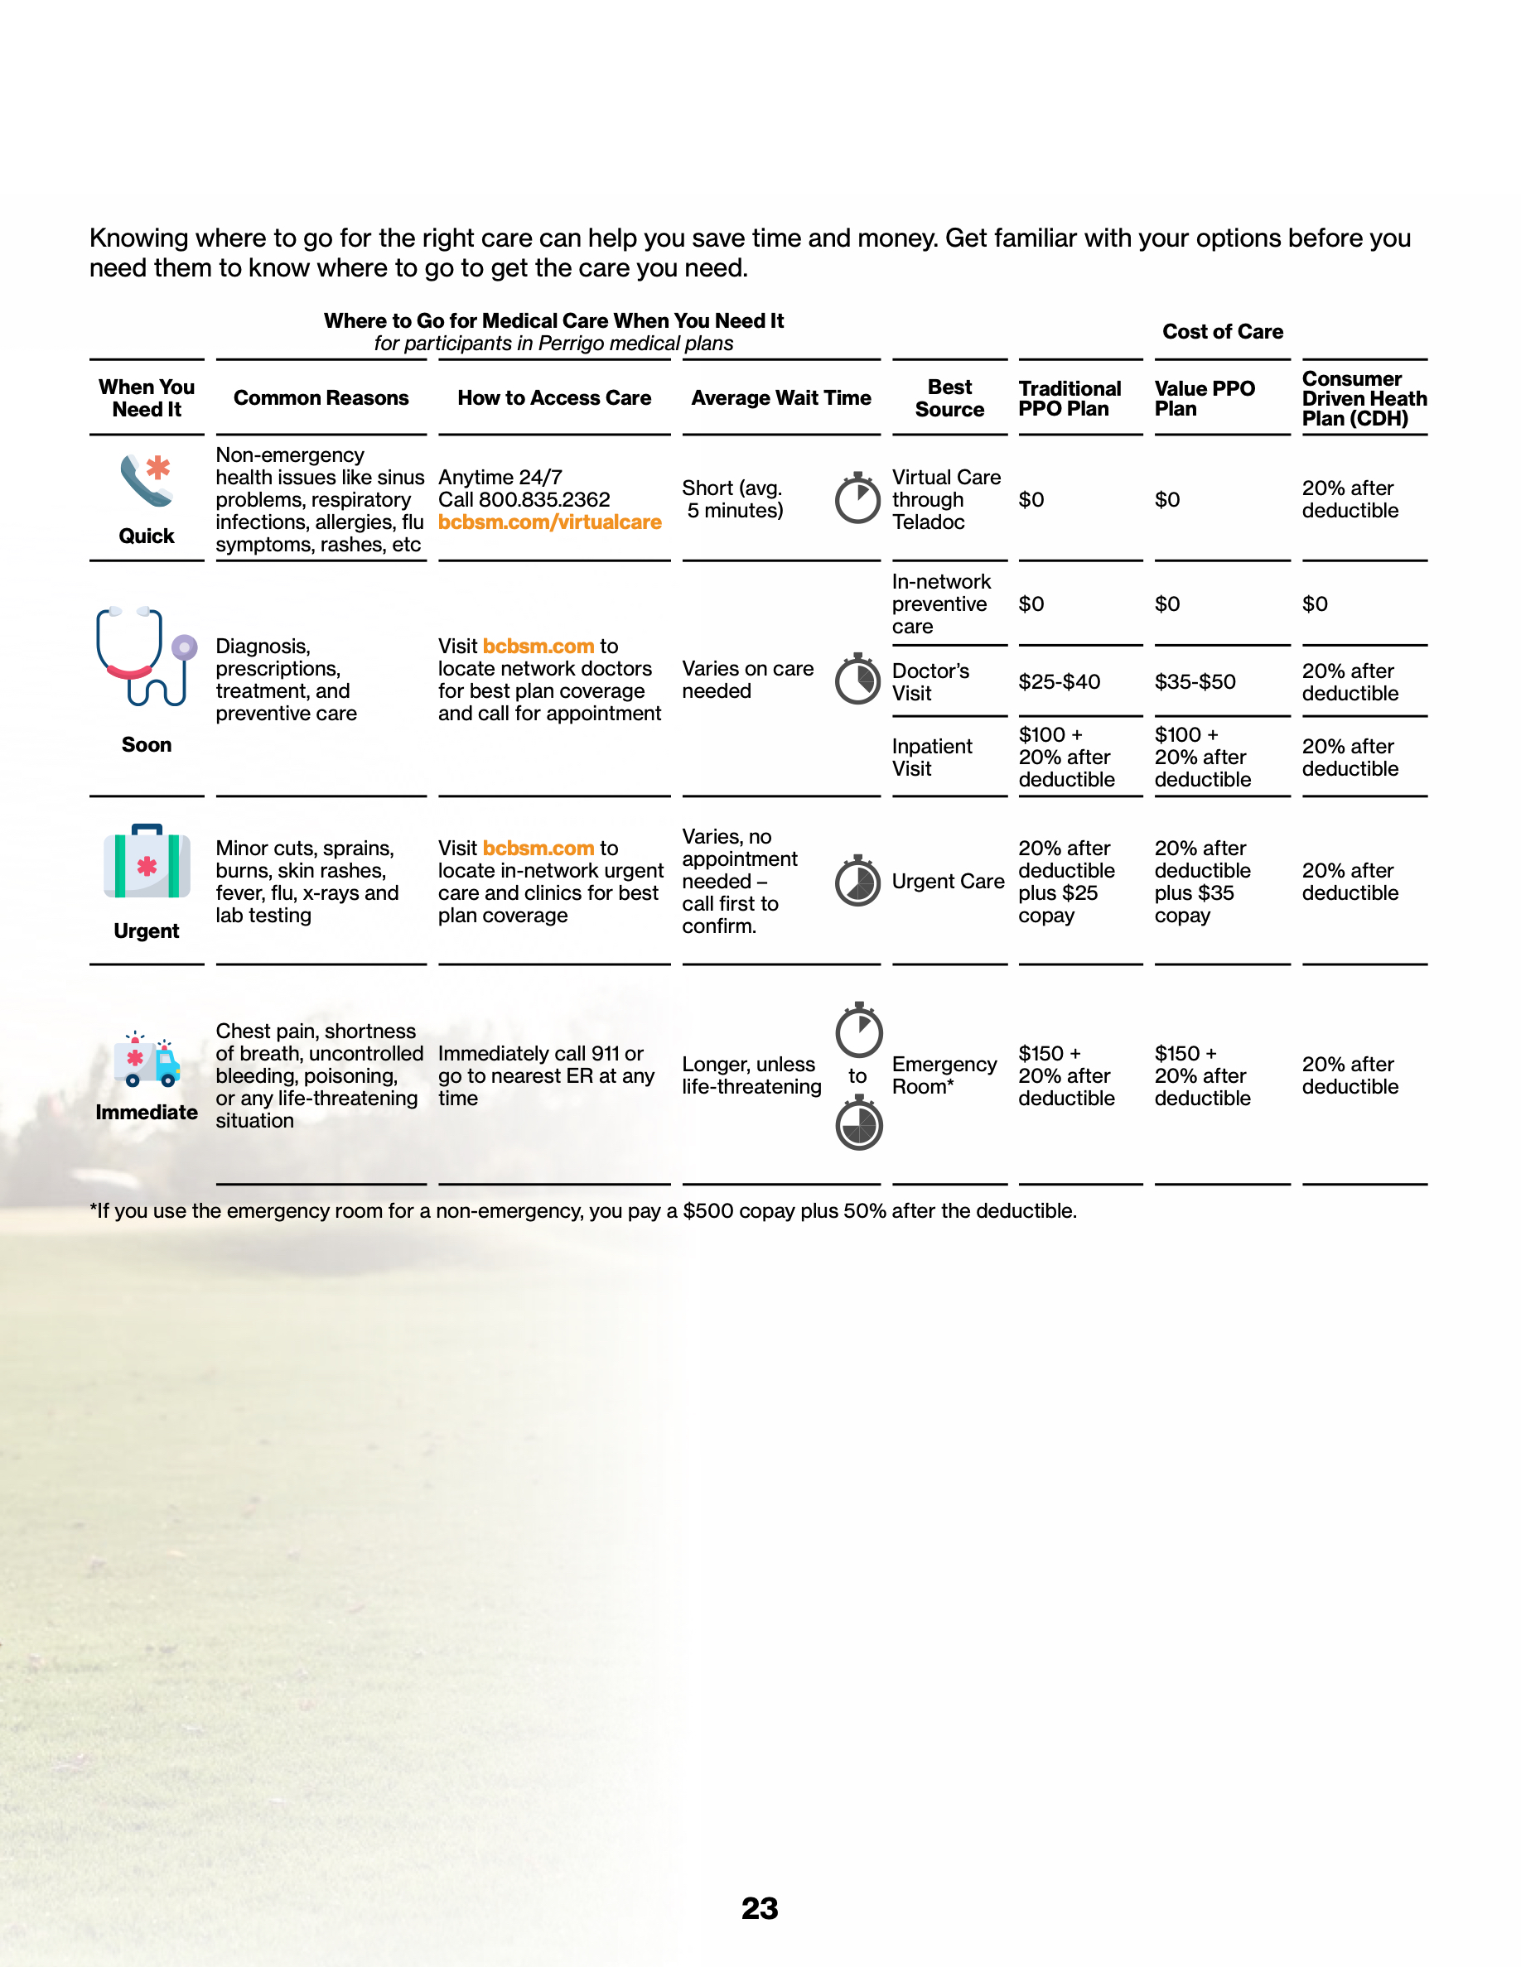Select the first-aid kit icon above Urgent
[x=146, y=862]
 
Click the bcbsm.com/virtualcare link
[x=549, y=522]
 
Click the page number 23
[x=760, y=1907]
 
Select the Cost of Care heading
[x=1222, y=331]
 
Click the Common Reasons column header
[x=321, y=398]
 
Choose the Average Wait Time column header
[x=780, y=398]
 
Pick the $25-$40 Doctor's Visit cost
[x=1059, y=682]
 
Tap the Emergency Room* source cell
[x=944, y=1075]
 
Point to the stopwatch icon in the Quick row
[x=857, y=498]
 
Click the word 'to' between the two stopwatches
[x=857, y=1076]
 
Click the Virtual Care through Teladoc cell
[x=945, y=500]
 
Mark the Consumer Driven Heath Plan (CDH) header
[x=1364, y=398]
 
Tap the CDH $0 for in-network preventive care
[x=1315, y=604]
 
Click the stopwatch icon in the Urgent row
[x=857, y=881]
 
